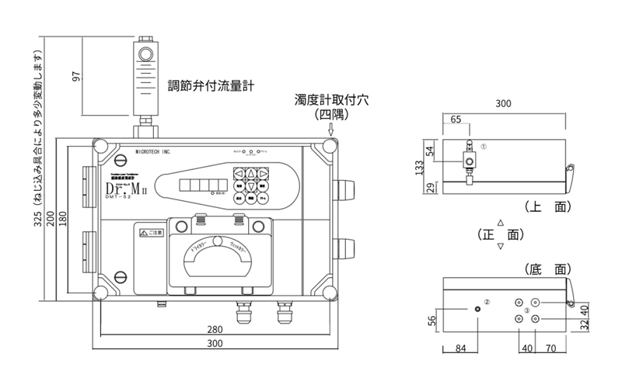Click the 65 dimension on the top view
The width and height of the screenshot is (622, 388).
(x=455, y=119)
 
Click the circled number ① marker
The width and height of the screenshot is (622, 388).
(x=484, y=145)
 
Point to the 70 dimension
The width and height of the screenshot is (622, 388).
(x=552, y=349)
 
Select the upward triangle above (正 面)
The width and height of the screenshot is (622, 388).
(x=501, y=222)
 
